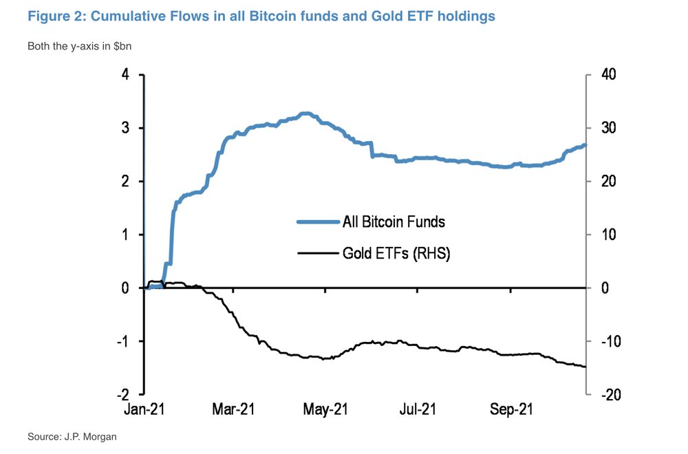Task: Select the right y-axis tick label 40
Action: click(x=609, y=74)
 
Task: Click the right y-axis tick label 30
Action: click(x=609, y=128)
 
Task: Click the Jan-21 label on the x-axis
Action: click(x=145, y=410)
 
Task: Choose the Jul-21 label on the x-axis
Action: click(x=418, y=410)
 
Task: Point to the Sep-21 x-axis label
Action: click(x=510, y=410)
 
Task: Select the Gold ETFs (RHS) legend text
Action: click(x=396, y=254)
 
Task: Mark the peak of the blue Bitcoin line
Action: click(x=305, y=113)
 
